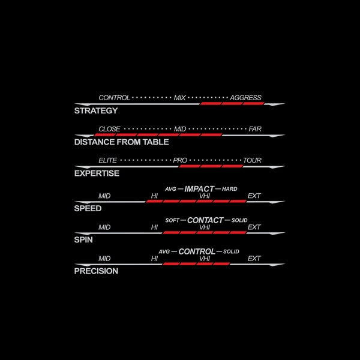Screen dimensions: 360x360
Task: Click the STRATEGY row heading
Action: point(96,110)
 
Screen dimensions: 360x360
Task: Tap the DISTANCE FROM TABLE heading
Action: point(121,142)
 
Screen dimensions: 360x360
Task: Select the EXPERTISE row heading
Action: point(97,173)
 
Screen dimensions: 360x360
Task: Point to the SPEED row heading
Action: point(88,208)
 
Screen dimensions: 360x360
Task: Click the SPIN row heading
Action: point(83,239)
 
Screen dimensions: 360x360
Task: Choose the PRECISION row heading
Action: point(96,271)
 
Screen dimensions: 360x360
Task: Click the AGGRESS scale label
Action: point(245,98)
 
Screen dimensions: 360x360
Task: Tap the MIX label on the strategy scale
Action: point(179,98)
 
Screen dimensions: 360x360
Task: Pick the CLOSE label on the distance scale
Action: point(109,129)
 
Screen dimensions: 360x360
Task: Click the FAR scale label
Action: point(255,129)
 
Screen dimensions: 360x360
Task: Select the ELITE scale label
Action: point(107,160)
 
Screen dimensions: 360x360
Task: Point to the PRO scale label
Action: point(180,160)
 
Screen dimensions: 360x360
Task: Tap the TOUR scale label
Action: point(252,160)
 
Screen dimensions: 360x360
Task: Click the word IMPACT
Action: point(199,189)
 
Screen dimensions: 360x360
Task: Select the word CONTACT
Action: point(205,220)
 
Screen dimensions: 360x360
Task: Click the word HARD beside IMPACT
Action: point(230,189)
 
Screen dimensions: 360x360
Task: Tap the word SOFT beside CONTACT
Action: point(172,220)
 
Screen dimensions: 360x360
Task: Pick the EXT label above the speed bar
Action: point(254,196)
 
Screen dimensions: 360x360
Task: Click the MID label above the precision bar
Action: point(104,259)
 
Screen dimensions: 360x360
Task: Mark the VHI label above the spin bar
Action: point(205,227)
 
